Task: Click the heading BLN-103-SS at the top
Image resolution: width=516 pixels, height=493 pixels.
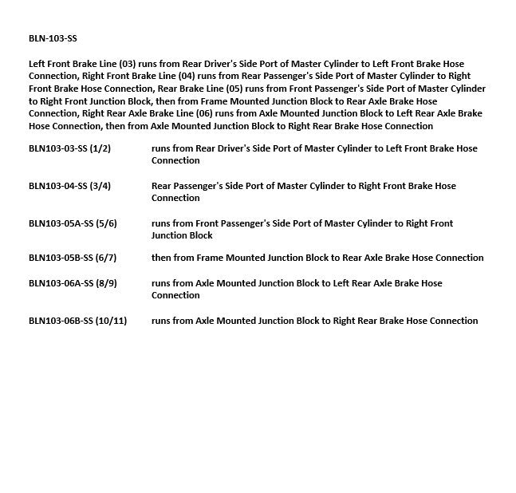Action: (53, 38)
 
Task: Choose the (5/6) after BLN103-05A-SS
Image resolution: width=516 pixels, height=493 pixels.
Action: (106, 223)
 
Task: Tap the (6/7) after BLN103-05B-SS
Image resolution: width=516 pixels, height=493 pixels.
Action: (106, 258)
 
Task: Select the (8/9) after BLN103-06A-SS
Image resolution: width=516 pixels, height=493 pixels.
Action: (106, 283)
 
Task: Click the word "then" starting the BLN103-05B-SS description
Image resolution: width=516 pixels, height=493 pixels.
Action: (162, 258)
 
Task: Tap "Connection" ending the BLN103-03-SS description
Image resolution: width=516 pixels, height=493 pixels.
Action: (175, 160)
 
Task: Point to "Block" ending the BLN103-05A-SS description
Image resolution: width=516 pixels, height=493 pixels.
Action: (200, 235)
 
